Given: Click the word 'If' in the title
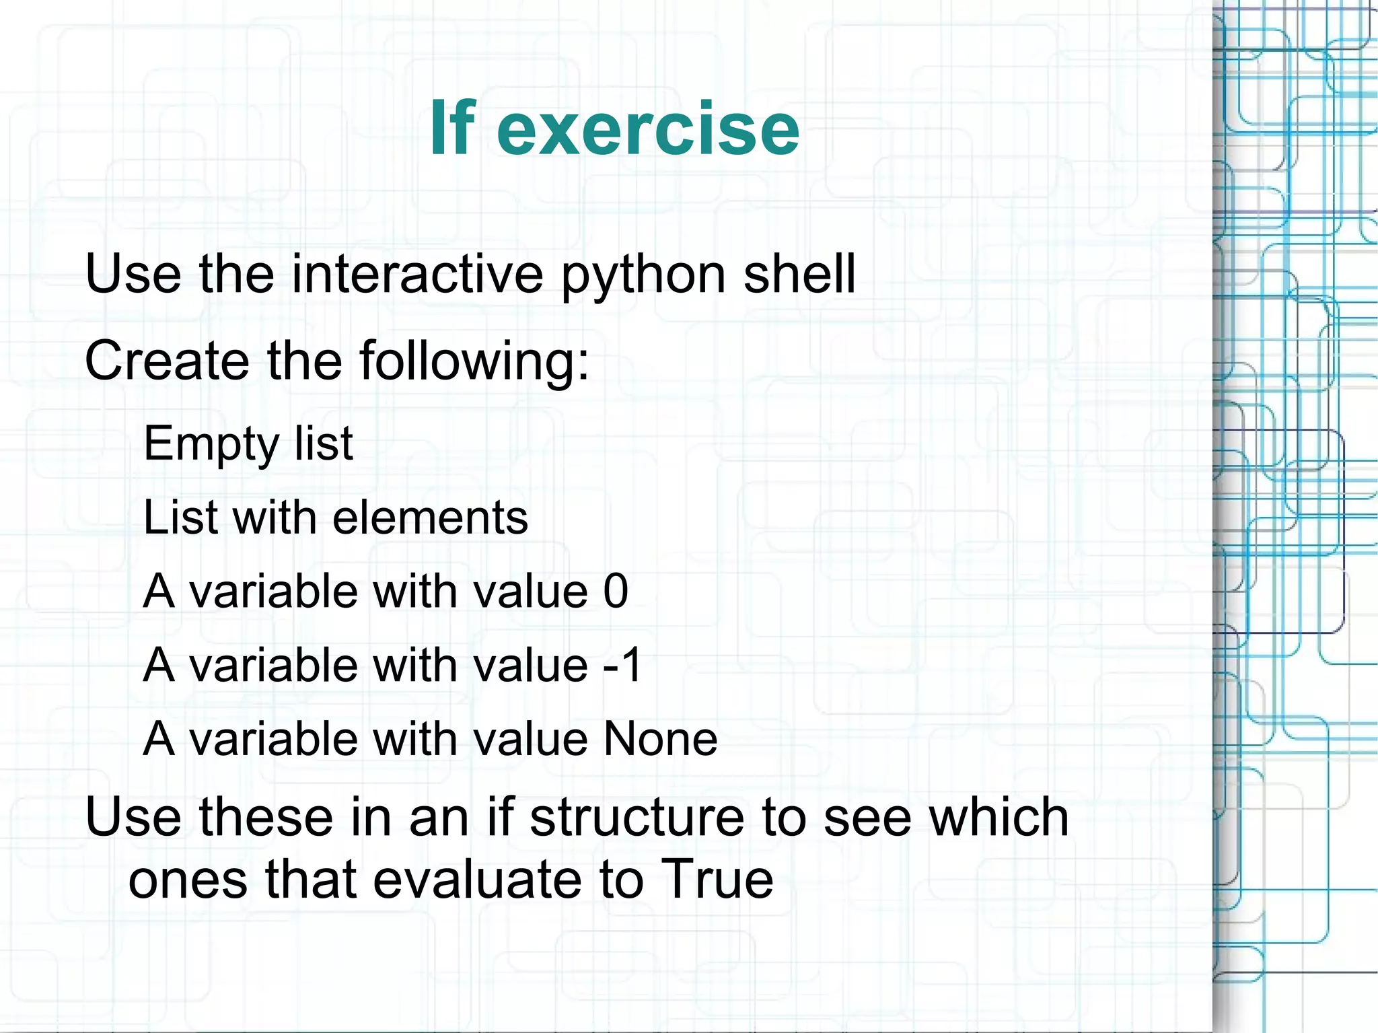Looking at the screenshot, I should pos(452,127).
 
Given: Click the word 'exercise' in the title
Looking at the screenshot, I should pos(647,129).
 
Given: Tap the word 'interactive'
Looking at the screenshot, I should pos(417,274).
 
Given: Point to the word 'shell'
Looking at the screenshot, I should pos(799,274).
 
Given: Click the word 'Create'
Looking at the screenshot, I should pos(166,361).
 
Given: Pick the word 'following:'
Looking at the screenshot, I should pos(474,362).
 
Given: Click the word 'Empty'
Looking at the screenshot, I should pos(211,444).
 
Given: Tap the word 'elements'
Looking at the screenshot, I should pos(430,518).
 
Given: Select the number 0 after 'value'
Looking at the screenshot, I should pos(615,592).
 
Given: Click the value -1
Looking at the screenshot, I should pos(622,665).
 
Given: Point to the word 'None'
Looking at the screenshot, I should pos(660,739).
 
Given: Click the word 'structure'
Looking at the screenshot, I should pos(639,817).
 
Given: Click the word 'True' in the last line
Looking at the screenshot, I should pos(717,879).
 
